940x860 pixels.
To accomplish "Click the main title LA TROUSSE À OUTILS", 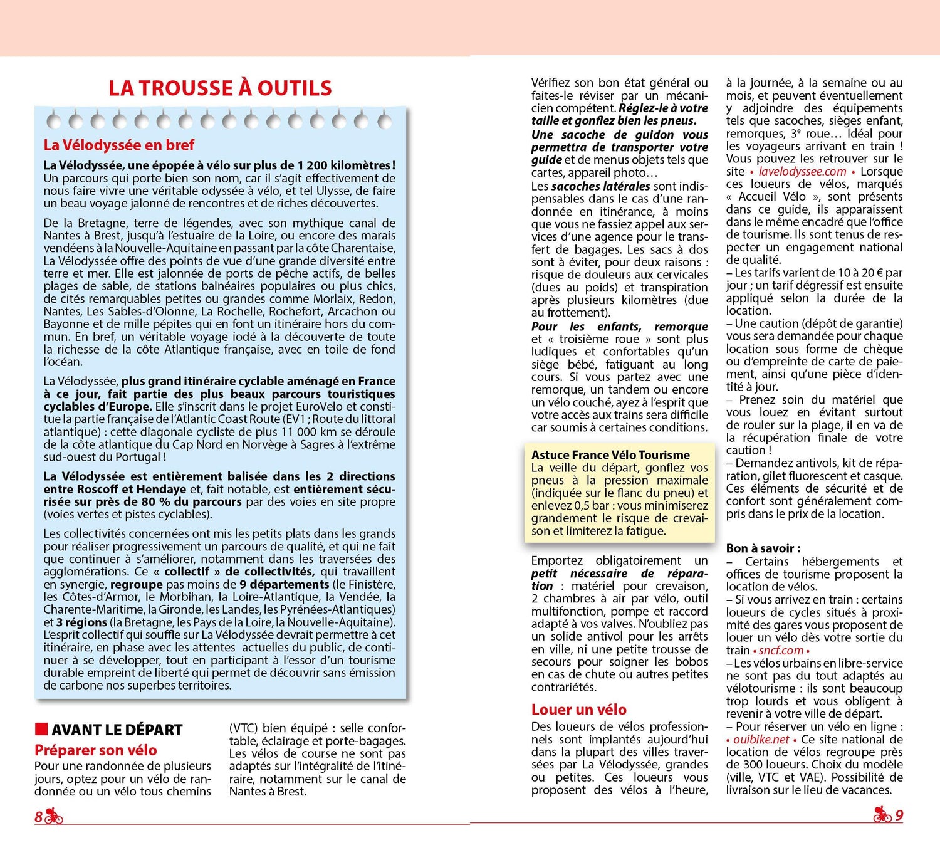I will tap(220, 88).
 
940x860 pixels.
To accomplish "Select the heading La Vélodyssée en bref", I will tap(119, 145).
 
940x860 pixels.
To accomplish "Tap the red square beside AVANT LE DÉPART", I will tap(41, 728).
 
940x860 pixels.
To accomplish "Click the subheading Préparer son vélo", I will tap(96, 750).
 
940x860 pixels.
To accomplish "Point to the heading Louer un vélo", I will tap(578, 710).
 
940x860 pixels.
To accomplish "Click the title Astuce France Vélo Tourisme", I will tap(610, 455).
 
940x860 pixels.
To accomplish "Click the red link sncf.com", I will tap(781, 650).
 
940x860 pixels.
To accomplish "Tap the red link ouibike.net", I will tap(761, 739).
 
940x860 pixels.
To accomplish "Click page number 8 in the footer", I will tap(38, 816).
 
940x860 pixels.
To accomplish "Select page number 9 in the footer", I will tap(899, 815).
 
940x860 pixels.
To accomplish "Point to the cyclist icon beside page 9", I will tap(882, 814).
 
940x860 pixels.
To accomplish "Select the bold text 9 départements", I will tap(284, 584).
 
